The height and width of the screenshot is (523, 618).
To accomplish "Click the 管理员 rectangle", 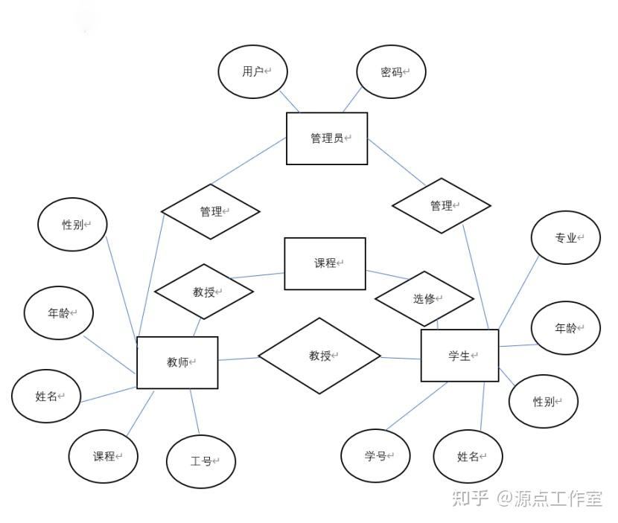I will (327, 138).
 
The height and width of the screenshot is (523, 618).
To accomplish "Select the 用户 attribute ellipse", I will (253, 71).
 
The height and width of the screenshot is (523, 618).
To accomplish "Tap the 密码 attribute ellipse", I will (392, 72).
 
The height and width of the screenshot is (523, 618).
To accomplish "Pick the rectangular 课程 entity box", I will (325, 263).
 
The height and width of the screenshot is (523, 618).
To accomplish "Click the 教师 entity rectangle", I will (177, 362).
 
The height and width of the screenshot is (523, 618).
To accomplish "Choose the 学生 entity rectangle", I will (459, 356).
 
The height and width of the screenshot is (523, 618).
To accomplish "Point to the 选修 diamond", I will (424, 299).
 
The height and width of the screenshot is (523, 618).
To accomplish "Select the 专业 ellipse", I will (566, 238).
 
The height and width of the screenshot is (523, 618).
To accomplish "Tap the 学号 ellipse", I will (376, 456).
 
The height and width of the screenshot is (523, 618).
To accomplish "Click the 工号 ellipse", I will (201, 461).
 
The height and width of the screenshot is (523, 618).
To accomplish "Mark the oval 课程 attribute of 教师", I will (103, 456).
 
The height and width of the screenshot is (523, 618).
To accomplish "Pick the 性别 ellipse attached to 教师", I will (73, 224).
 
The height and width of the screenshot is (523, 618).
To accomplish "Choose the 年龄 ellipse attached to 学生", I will (566, 327).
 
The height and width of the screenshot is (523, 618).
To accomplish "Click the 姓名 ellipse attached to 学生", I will (468, 456).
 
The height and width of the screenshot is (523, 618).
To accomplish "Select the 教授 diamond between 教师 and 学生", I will (319, 356).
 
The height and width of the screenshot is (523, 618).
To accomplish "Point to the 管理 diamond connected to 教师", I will (211, 212).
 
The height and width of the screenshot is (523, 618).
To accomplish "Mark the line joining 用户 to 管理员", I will (290, 102).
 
